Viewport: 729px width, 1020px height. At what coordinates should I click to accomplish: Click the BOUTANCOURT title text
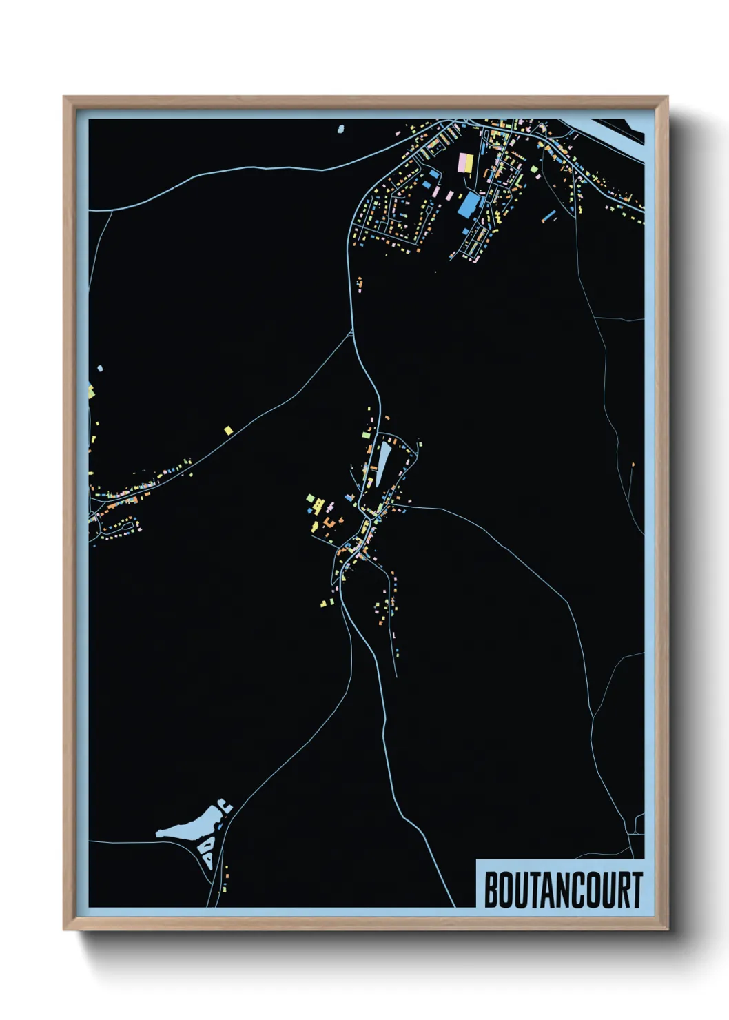tap(563, 890)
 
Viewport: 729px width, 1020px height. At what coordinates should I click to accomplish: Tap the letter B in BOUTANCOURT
tap(492, 890)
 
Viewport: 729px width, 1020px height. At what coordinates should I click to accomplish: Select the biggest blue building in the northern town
tap(469, 204)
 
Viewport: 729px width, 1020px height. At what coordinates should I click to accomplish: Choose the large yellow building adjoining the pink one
tap(470, 163)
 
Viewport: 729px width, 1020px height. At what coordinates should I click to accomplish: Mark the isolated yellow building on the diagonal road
tap(228, 430)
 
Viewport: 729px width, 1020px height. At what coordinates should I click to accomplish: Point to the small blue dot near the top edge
tap(340, 128)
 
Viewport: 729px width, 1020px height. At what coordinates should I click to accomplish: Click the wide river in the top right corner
tap(620, 138)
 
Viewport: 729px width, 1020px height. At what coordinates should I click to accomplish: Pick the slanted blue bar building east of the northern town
tap(549, 216)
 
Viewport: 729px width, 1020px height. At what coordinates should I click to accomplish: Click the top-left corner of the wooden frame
tap(64, 97)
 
